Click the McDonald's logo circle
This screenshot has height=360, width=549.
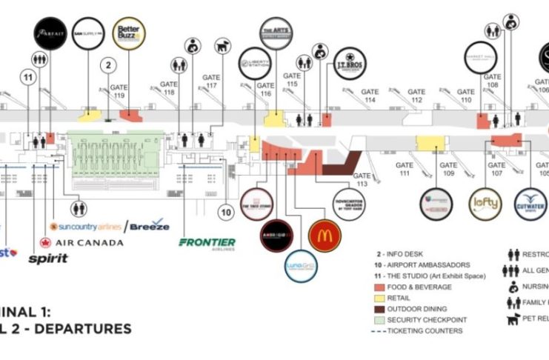[324, 236]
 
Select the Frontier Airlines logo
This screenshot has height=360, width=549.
[207, 243]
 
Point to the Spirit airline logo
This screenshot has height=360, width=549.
[48, 259]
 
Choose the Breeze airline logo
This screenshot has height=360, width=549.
[150, 225]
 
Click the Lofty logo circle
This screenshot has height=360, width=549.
[486, 201]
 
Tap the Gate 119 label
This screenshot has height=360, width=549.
[119, 91]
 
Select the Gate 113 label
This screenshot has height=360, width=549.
[362, 180]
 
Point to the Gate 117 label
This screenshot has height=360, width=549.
[212, 81]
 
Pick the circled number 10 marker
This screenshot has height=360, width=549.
[227, 213]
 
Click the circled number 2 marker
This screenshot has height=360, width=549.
[108, 65]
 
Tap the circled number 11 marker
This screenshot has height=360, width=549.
[29, 77]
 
